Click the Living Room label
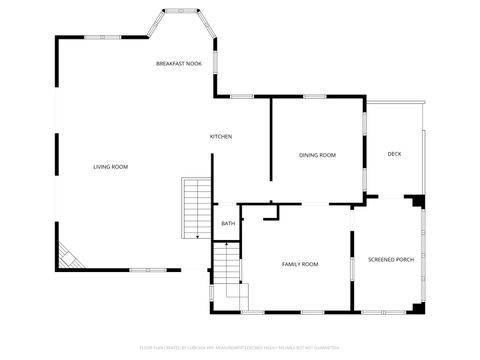tap(110, 166)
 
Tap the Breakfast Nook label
tap(178, 63)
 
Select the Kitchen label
tap(220, 136)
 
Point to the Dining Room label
tap(317, 155)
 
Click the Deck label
tap(394, 153)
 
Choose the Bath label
tap(228, 223)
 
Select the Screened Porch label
tap(391, 259)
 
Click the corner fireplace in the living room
tap(67, 257)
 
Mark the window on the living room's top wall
tap(100, 37)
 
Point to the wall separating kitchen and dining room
tap(271, 140)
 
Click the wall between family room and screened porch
tap(352, 270)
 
